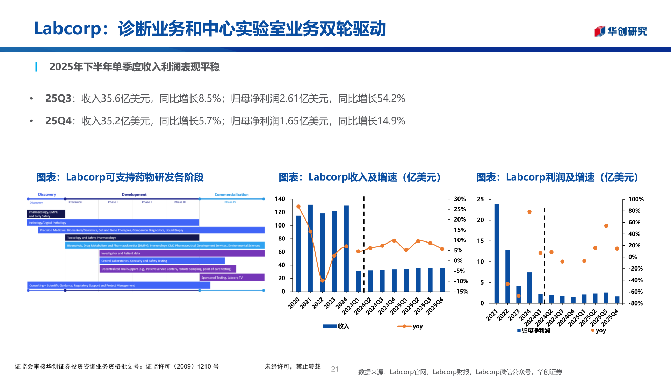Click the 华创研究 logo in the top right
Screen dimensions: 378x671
(621, 31)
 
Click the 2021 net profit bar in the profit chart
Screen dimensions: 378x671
(496, 253)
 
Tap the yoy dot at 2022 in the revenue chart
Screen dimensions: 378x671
(323, 281)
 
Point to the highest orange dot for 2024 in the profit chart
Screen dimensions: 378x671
(529, 212)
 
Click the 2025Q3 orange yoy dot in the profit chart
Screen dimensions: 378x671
(606, 226)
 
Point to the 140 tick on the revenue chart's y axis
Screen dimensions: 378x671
(280, 199)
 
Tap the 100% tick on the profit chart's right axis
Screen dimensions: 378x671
(636, 199)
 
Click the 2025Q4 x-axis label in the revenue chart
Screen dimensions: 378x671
(435, 306)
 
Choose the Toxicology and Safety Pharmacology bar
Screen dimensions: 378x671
(132, 238)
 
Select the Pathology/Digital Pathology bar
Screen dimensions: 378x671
(113, 223)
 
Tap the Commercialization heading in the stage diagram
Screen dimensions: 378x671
(231, 194)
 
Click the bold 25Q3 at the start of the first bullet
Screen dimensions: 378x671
(58, 98)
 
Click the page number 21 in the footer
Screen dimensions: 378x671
(335, 369)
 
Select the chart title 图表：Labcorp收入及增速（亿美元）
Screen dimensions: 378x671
(360, 177)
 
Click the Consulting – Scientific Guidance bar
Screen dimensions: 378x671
(118, 286)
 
